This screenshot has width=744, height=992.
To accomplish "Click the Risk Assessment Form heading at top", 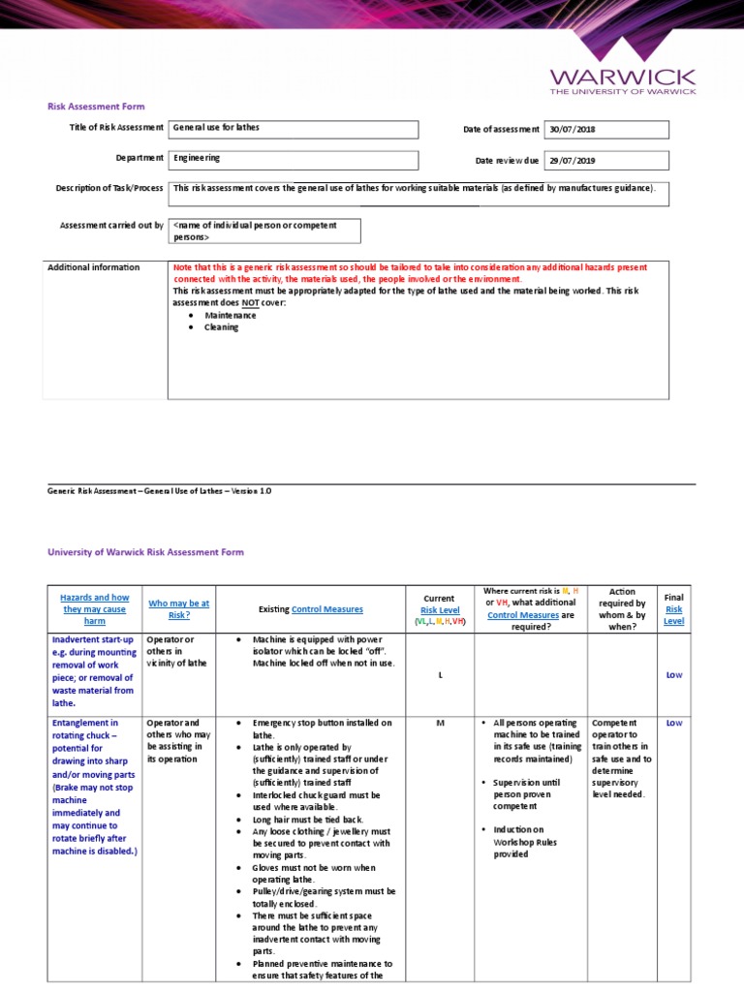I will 97,107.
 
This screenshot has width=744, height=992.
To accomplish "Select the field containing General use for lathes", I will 294,129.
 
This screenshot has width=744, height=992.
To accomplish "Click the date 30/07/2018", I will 606,129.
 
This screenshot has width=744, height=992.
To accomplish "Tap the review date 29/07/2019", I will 606,160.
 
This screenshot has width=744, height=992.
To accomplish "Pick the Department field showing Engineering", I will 294,159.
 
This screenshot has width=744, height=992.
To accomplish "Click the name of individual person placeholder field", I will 264,231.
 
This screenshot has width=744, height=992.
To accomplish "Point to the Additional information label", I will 94,267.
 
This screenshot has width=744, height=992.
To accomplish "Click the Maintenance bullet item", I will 231,315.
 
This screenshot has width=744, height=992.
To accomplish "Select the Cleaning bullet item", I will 221,327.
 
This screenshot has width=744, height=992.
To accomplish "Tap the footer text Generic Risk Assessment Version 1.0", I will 160,491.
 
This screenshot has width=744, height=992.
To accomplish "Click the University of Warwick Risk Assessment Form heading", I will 146,552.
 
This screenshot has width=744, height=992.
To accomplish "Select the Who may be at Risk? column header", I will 178,609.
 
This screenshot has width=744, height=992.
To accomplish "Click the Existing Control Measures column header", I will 310,609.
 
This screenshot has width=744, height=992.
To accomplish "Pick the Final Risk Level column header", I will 673,609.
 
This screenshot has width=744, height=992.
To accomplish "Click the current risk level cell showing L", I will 440,675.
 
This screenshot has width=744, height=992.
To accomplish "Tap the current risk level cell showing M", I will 440,724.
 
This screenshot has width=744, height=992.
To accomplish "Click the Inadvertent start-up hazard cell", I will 93,671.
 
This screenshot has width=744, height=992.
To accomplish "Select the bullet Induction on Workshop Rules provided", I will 523,842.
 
